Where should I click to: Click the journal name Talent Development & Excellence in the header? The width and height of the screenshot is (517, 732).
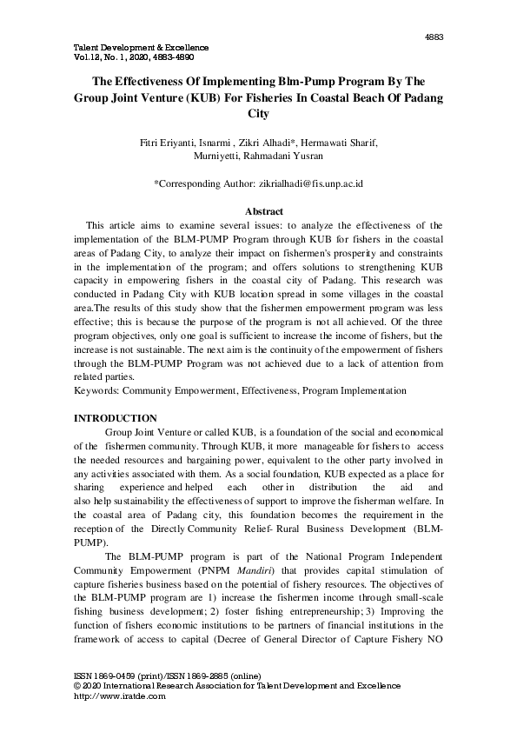coord(136,46)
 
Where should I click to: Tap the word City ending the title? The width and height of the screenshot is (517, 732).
coord(258,114)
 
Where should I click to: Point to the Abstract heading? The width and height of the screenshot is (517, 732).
coord(258,212)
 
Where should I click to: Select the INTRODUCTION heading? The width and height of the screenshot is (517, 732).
coord(114,420)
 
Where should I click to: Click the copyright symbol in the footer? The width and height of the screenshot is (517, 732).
coord(73,686)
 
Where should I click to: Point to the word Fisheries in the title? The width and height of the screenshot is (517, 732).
coord(303,98)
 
